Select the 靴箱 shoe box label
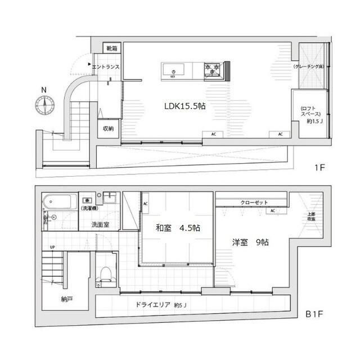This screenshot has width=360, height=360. click(111, 48)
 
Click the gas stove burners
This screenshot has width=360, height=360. click(213, 69)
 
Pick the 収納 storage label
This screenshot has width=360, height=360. click(108, 128)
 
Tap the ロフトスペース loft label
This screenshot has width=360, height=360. click(310, 114)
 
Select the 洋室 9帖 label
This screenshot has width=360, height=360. click(250, 242)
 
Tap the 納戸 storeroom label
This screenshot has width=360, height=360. click(66, 299)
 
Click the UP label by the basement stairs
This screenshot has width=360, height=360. click(52, 247)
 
